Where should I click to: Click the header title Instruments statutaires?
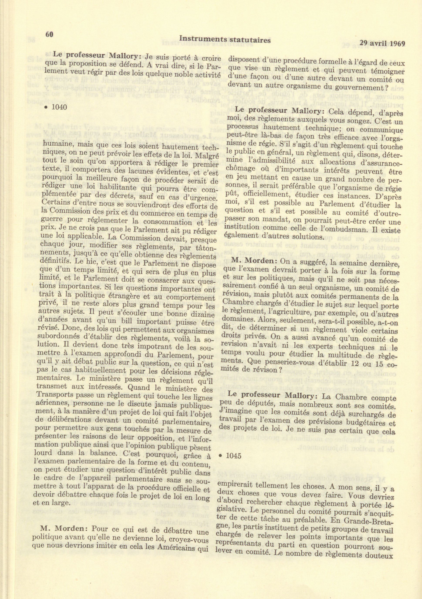[225, 39]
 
